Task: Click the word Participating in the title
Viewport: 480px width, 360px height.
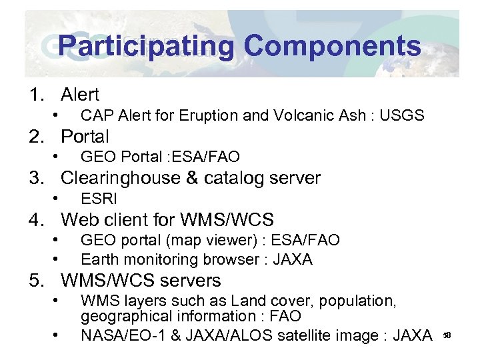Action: [146, 46]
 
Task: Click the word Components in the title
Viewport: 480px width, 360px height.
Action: [332, 46]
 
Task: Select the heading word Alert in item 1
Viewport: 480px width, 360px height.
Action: [80, 95]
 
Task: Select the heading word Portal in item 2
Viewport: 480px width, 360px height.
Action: [85, 137]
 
